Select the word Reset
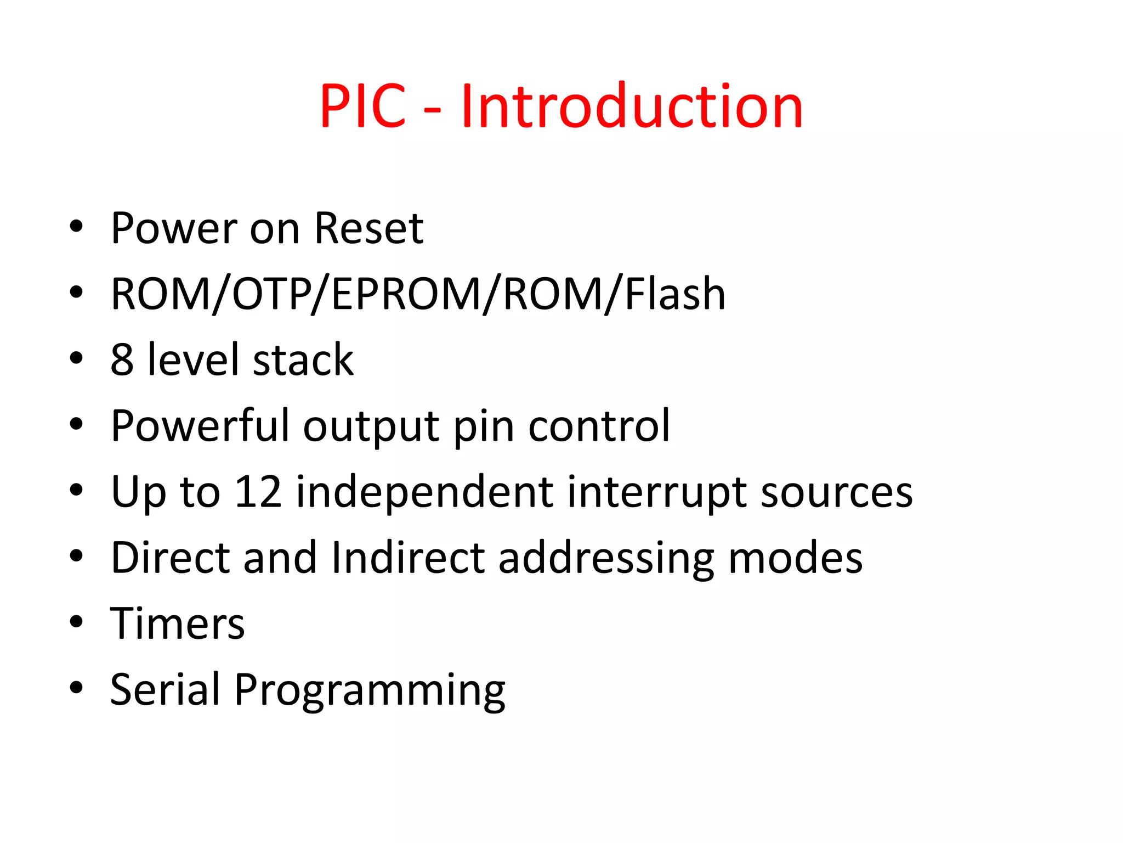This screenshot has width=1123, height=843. pyautogui.click(x=368, y=228)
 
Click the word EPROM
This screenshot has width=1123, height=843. pyautogui.click(x=406, y=294)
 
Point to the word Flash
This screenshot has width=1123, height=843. pyautogui.click(x=675, y=294)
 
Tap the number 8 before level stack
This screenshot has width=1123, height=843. pyautogui.click(x=122, y=360)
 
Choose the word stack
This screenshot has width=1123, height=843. pyautogui.click(x=303, y=360)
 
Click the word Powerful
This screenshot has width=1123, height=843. pyautogui.click(x=199, y=426)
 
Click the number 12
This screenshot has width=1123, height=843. pyautogui.click(x=258, y=492)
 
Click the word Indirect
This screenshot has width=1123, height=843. pyautogui.click(x=409, y=558)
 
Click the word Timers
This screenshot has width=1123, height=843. pyautogui.click(x=177, y=624)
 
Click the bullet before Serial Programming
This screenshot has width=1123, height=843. pyautogui.click(x=76, y=687)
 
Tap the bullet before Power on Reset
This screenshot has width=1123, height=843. pyautogui.click(x=76, y=226)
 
